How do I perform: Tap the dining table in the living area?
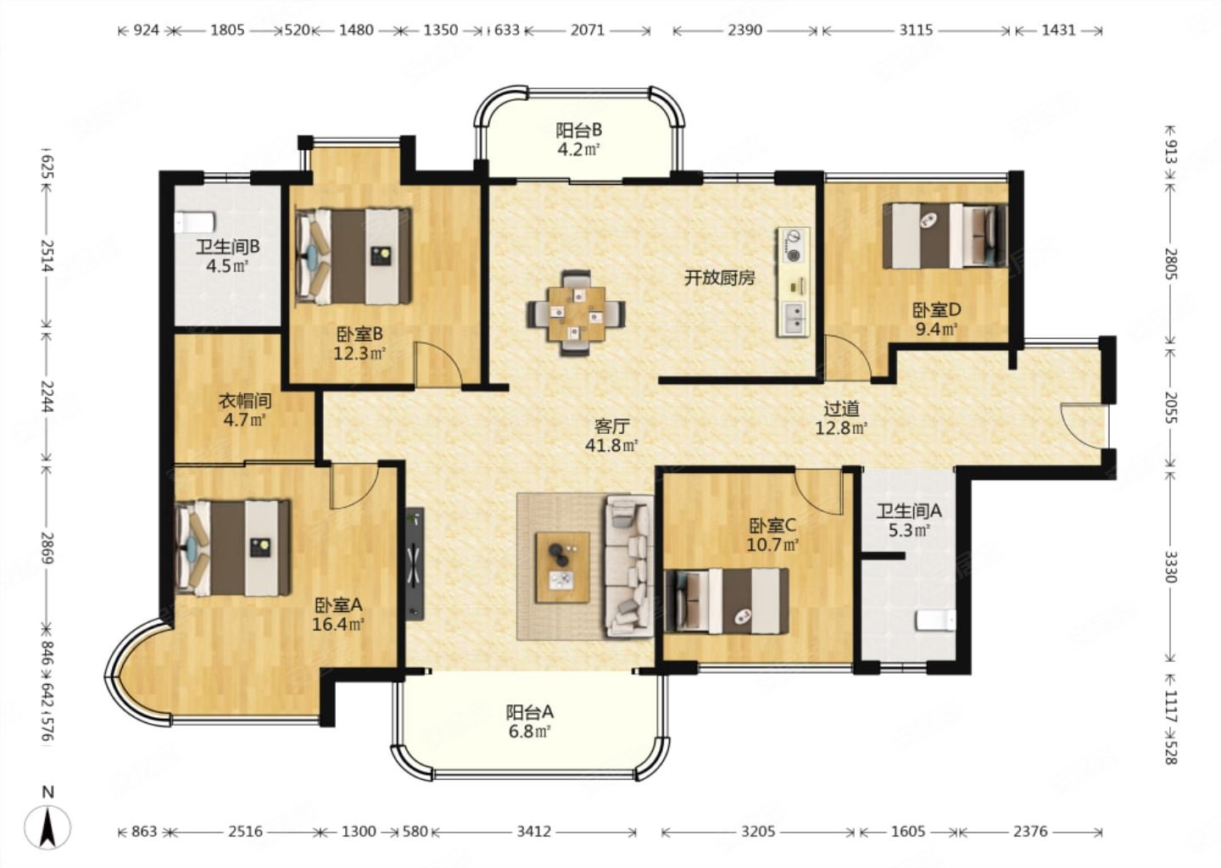click(577, 314)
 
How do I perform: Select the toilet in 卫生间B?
click(194, 222)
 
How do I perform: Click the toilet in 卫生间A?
click(936, 620)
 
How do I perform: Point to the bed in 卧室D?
click(945, 236)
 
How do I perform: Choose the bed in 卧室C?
click(727, 601)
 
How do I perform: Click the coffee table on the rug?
click(563, 567)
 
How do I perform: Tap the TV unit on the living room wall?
click(415, 564)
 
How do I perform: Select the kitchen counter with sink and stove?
click(793, 282)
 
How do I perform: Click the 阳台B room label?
click(579, 131)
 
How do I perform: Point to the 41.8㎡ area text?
click(611, 446)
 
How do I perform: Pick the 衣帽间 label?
click(245, 402)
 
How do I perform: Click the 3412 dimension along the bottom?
click(533, 832)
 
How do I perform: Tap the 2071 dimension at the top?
click(588, 30)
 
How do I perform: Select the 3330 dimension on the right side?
click(1170, 567)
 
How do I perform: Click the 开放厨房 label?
click(720, 278)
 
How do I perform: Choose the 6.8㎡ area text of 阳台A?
click(530, 732)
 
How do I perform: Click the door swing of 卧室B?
click(439, 364)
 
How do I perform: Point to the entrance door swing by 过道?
click(1084, 426)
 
